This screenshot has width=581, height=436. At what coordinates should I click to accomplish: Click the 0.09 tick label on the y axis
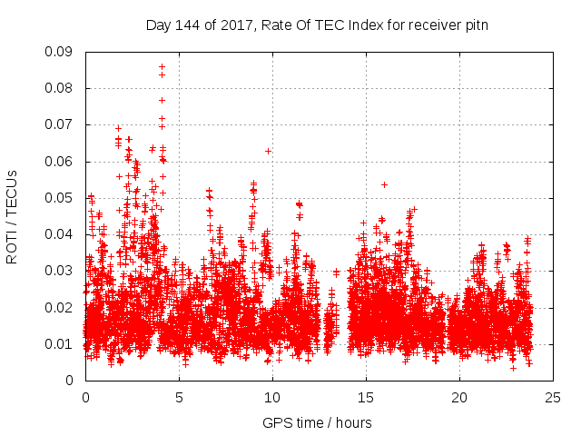click(62, 52)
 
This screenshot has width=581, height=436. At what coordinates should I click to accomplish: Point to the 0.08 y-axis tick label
click(62, 88)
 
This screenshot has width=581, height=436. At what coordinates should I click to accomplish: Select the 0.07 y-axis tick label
click(62, 124)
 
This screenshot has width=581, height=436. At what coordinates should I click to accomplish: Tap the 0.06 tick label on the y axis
click(62, 162)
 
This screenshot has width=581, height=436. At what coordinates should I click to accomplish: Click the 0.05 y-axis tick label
click(62, 198)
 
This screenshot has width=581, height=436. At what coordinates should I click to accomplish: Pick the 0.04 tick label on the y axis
click(62, 234)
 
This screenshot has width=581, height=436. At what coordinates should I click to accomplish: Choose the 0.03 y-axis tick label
click(62, 271)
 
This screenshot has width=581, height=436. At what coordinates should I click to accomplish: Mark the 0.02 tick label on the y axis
click(62, 307)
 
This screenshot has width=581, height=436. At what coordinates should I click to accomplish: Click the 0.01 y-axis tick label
click(62, 343)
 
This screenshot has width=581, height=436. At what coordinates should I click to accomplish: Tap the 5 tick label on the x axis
click(179, 397)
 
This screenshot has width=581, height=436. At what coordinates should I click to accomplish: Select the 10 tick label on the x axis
click(272, 397)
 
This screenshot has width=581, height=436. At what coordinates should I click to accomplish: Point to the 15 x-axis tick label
click(366, 397)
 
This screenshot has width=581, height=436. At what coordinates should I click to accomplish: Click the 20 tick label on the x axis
click(459, 397)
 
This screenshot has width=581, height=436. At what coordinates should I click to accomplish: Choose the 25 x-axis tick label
click(553, 397)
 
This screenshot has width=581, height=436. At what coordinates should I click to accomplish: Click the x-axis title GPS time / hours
click(317, 422)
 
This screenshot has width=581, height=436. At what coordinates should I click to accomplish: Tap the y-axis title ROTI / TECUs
click(13, 216)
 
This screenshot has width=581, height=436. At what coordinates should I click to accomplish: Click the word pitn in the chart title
click(476, 25)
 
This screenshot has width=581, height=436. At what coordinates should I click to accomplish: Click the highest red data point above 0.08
click(162, 66)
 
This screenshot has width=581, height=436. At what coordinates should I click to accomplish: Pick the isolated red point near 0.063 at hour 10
click(268, 151)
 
